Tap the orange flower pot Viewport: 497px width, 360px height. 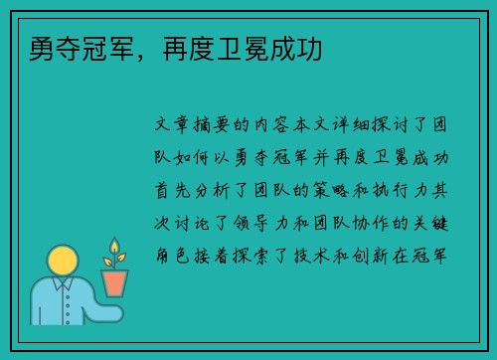(x=115, y=282)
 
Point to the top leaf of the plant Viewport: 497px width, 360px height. (x=115, y=245)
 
